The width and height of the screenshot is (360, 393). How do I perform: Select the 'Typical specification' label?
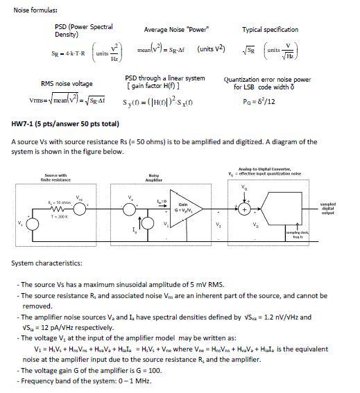tap(270, 30)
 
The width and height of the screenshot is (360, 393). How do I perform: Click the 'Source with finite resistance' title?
tap(55, 177)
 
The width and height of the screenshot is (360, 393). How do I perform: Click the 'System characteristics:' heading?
tap(46, 263)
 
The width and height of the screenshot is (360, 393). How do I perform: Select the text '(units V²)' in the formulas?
tap(211, 50)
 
